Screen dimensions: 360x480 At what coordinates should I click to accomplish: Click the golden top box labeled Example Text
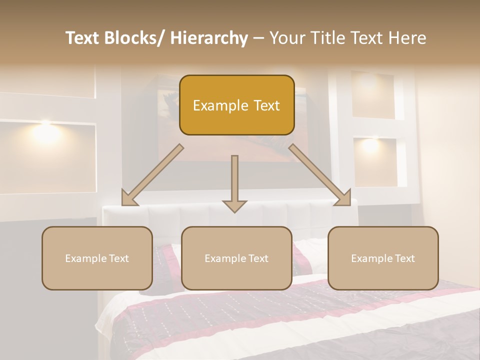pyautogui.click(x=236, y=105)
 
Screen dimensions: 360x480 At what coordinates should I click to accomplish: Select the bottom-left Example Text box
pyautogui.click(x=97, y=258)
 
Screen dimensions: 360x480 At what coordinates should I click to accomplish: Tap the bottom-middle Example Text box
pyautogui.click(x=236, y=258)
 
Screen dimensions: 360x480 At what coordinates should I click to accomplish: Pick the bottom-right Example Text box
pyautogui.click(x=383, y=258)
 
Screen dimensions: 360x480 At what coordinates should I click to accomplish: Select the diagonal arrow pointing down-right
pyautogui.click(x=320, y=175)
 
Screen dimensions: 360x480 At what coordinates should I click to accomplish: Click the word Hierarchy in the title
pyautogui.click(x=209, y=38)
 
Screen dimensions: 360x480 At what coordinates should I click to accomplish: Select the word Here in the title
pyautogui.click(x=407, y=38)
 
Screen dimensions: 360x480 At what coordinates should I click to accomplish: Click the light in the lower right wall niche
pyautogui.click(x=370, y=144)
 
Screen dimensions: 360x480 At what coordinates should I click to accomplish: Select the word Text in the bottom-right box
pyautogui.click(x=404, y=258)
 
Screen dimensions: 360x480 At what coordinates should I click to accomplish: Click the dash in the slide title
pyautogui.click(x=258, y=38)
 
